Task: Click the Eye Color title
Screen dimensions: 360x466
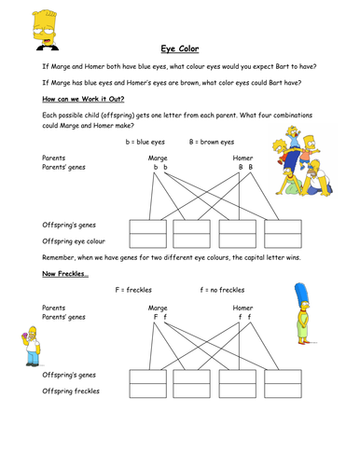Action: tap(180, 48)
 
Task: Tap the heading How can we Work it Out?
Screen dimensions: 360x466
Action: tap(83, 99)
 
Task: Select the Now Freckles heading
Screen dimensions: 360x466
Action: tap(65, 274)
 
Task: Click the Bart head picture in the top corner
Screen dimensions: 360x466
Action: tap(46, 30)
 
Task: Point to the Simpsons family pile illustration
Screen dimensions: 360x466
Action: tap(303, 160)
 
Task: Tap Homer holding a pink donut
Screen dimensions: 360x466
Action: tap(31, 346)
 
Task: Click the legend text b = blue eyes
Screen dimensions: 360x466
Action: tap(145, 142)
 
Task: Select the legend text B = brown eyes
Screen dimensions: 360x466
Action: tap(212, 142)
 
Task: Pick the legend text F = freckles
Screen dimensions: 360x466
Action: tap(133, 290)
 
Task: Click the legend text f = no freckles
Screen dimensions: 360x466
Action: tap(222, 290)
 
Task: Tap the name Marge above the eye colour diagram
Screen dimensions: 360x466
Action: tap(158, 158)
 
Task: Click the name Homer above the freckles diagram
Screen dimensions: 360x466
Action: tap(242, 308)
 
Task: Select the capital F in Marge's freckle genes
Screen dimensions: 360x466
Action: tap(156, 317)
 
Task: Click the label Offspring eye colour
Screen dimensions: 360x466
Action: tap(74, 241)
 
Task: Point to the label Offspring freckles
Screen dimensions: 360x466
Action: tap(71, 391)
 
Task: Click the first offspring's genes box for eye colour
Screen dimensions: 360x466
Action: tap(148, 226)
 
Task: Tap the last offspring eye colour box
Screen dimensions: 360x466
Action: tap(283, 240)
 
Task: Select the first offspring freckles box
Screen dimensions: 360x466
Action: tap(148, 391)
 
